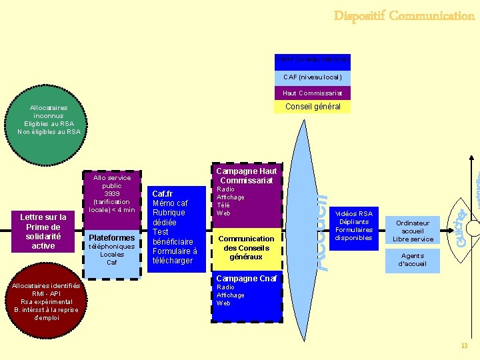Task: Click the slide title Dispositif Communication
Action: click(x=404, y=15)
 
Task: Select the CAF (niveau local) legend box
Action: click(x=313, y=77)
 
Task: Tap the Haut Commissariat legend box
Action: click(x=313, y=93)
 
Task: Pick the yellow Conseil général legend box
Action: click(x=313, y=107)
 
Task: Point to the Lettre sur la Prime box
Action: click(x=43, y=231)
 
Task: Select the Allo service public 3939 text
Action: click(x=112, y=193)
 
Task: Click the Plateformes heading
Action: click(x=112, y=238)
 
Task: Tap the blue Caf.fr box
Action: click(x=176, y=227)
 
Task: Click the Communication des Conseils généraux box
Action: click(x=247, y=247)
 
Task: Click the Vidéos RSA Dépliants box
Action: click(x=354, y=225)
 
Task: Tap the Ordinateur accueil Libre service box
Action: click(x=413, y=231)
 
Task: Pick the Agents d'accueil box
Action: click(x=413, y=259)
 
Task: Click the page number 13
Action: click(x=465, y=345)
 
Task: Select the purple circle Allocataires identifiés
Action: click(x=45, y=301)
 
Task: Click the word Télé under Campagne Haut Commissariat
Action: click(x=224, y=205)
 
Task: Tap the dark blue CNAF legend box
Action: click(x=313, y=61)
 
